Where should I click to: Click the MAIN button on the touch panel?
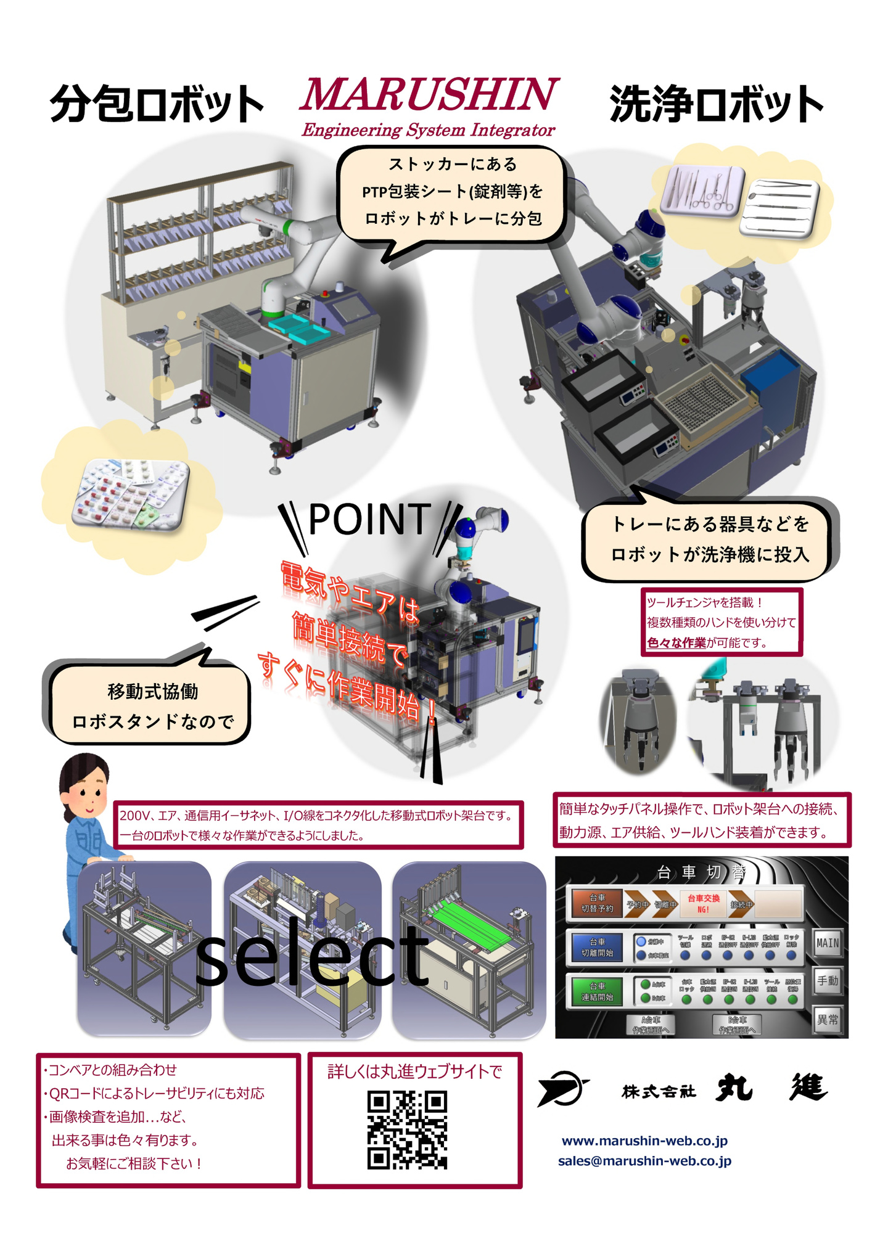pos(827,943)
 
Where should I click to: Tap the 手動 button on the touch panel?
pos(827,981)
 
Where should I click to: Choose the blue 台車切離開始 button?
pos(597,948)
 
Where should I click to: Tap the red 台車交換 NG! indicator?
pos(703,903)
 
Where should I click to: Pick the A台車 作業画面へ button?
pos(651,1025)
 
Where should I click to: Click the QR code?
pos(407,1130)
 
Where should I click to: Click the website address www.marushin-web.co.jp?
pos(644,1141)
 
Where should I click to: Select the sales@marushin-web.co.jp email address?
pos(644,1161)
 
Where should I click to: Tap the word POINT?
pos(369,520)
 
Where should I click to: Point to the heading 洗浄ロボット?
pos(716,104)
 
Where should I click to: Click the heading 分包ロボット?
pos(157,104)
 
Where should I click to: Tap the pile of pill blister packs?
pos(131,493)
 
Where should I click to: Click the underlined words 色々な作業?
pos(676,643)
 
